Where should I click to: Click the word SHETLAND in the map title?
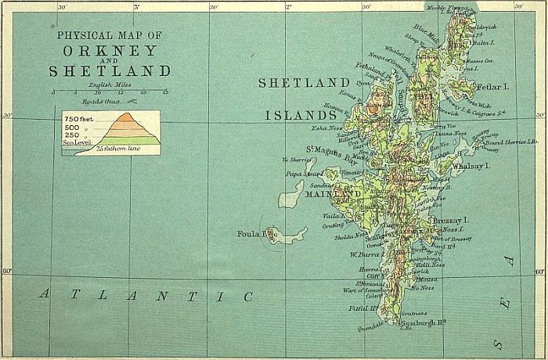tap(110, 72)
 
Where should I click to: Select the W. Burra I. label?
tap(364, 254)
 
